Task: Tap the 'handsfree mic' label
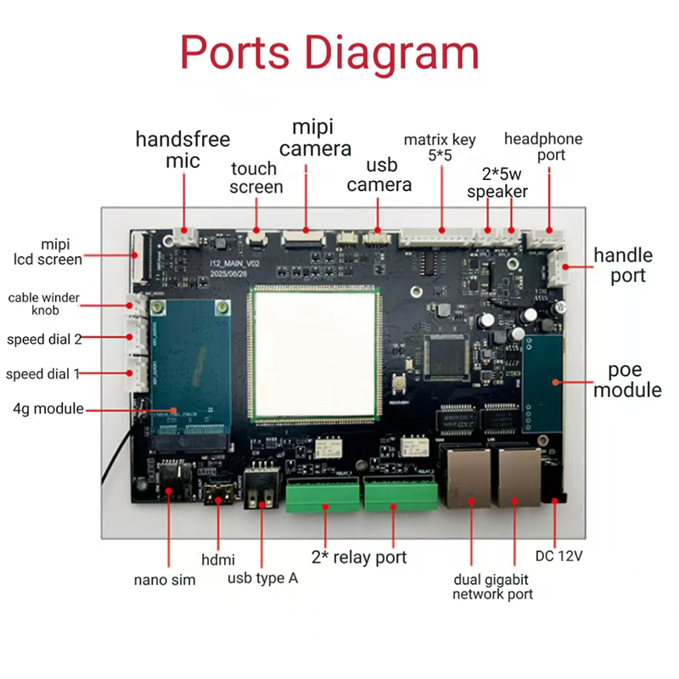click(x=182, y=149)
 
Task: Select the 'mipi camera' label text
click(x=316, y=138)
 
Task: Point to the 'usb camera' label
click(x=379, y=175)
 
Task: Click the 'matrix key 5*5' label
click(x=440, y=148)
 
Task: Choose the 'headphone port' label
click(x=543, y=147)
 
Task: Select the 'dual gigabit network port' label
click(x=492, y=586)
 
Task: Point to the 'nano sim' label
click(x=165, y=581)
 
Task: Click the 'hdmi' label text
click(x=218, y=559)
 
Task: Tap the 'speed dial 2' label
click(x=44, y=339)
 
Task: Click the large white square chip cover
click(x=314, y=355)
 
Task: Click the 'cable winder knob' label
click(x=45, y=304)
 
